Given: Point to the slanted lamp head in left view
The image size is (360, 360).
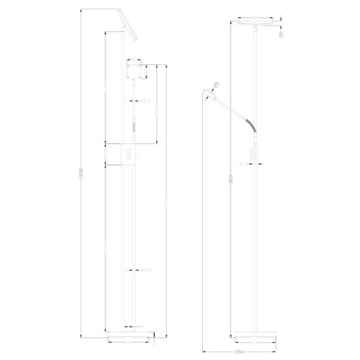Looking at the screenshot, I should point(129,25).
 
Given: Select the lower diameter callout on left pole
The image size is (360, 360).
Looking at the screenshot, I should point(143,269).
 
